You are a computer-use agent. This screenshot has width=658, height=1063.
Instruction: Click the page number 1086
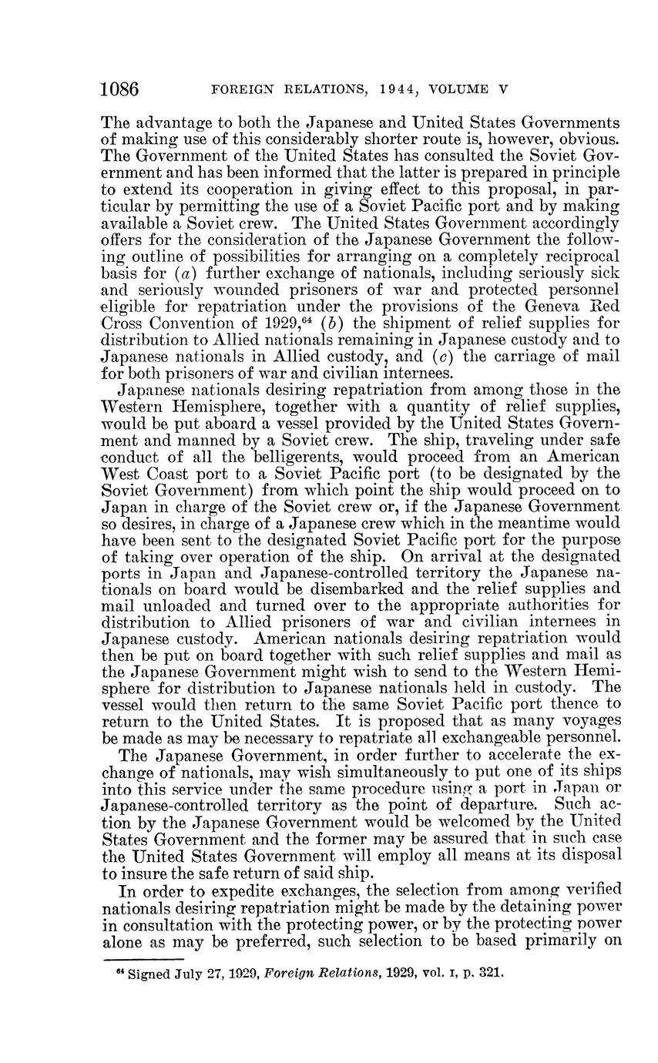119,89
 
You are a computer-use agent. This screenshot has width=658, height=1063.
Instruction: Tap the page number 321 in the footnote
490,972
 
